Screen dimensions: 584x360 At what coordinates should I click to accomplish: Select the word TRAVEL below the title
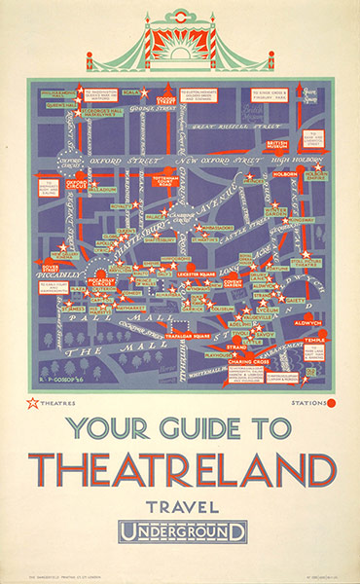pyautogui.click(x=181, y=506)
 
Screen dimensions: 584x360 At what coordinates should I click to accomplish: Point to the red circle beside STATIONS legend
pyautogui.click(x=331, y=401)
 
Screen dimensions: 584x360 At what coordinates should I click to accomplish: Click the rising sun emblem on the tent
pyautogui.click(x=181, y=48)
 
